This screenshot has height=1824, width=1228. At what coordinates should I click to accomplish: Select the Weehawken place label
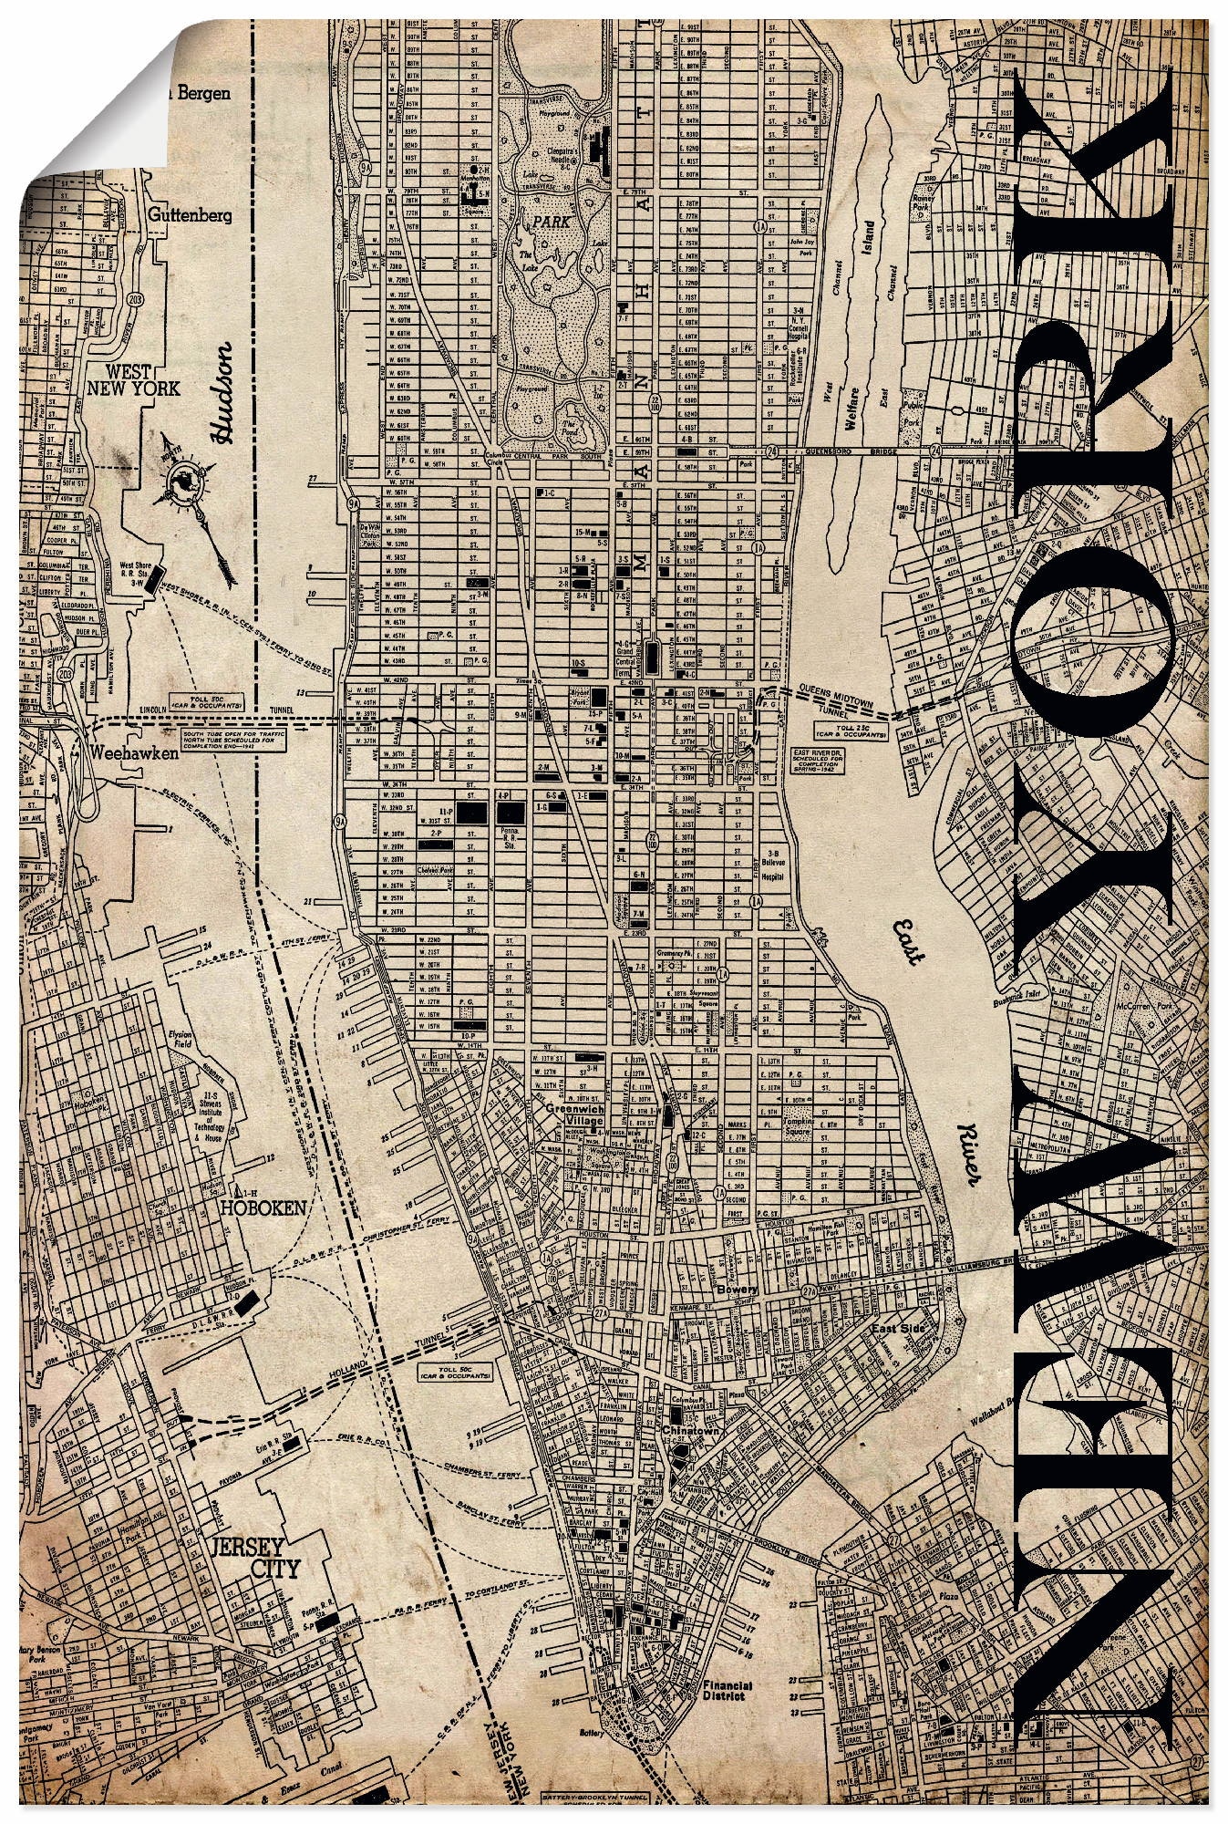[x=134, y=752]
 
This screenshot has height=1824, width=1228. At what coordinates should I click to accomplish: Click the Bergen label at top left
[x=198, y=93]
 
